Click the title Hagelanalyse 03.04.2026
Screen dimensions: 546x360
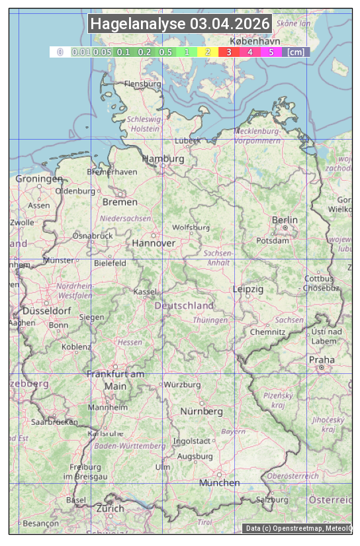(180, 24)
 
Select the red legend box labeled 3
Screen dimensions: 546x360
(228, 52)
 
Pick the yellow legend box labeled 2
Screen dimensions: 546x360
(208, 52)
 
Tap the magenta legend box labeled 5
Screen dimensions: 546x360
(271, 52)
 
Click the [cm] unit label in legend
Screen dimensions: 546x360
(296, 52)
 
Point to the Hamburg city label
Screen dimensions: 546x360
(163, 159)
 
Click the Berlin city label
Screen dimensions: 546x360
(285, 220)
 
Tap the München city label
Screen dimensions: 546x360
(220, 482)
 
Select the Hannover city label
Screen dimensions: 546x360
(154, 243)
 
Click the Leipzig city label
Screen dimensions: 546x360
(248, 289)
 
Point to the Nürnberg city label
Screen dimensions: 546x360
(202, 411)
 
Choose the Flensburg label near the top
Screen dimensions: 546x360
(142, 84)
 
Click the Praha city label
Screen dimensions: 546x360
(321, 360)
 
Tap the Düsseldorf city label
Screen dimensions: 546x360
(46, 310)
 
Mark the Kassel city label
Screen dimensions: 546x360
(144, 291)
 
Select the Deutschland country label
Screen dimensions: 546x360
(184, 305)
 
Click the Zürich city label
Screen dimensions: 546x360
(110, 508)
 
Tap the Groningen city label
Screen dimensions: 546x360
(39, 179)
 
